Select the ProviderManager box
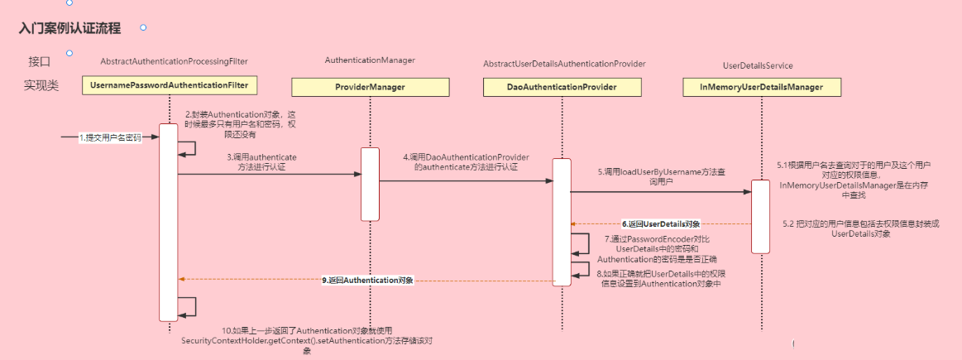(x=369, y=87)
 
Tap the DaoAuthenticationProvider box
(x=562, y=87)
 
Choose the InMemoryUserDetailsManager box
(x=760, y=87)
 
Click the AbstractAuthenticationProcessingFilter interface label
(x=174, y=62)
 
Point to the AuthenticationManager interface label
(x=370, y=60)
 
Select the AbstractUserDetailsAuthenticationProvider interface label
(x=564, y=64)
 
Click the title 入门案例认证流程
(x=70, y=29)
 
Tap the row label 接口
(x=40, y=61)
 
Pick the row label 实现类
(x=41, y=85)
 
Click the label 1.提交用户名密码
(x=110, y=137)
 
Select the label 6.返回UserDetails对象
(x=661, y=223)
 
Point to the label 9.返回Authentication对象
(x=367, y=280)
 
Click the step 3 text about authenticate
(x=262, y=161)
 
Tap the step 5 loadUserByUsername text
(x=662, y=176)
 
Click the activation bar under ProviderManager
(x=370, y=184)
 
